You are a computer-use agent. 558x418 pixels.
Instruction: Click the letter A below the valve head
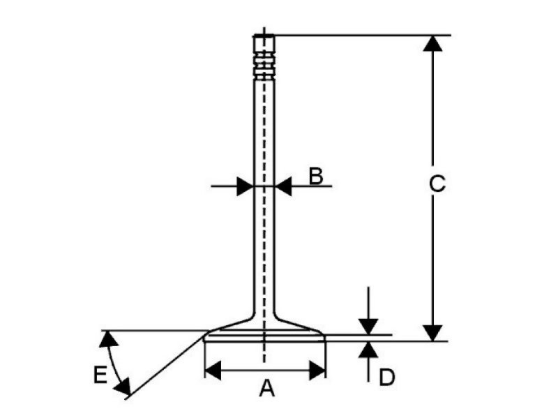pos(265,389)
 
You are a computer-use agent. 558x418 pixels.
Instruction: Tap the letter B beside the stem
pos(315,176)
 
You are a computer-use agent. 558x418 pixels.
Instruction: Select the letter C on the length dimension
pos(435,184)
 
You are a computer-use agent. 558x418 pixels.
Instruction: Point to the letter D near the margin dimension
pos(386,378)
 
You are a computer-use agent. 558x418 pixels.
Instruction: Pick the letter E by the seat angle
pos(100,375)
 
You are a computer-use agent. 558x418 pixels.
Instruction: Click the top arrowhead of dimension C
pos(433,43)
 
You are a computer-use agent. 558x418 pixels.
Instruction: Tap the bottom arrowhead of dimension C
pos(433,332)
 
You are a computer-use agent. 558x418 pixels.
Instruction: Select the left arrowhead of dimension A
pos(213,370)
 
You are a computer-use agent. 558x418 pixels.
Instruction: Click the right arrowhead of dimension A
pos(317,370)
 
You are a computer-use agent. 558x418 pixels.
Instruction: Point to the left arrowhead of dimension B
pos(244,186)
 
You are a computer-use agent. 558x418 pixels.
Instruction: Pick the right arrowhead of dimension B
pos(283,186)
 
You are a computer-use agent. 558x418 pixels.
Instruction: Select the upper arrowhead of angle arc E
pos(107,339)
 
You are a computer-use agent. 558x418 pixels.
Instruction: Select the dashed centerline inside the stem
pos(264,209)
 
